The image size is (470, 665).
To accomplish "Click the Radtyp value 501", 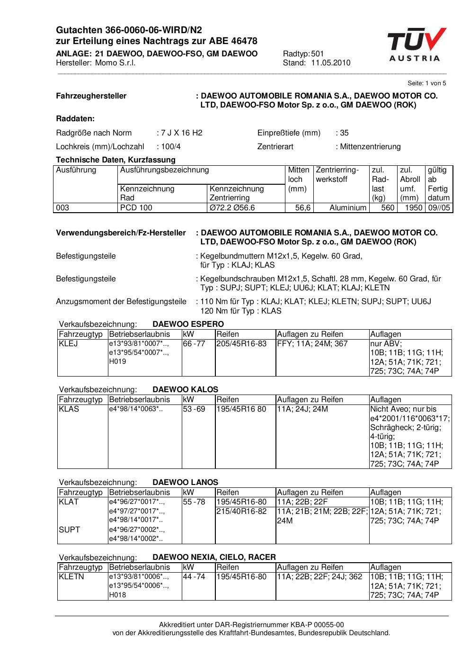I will point(318,54).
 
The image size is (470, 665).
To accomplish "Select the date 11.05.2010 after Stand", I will point(330,63).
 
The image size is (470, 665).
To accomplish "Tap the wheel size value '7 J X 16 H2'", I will point(181,133).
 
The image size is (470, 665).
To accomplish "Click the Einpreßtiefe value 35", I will point(345,133).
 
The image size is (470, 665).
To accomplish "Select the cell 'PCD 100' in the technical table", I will point(136,208).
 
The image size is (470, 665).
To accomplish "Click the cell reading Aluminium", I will point(348,208).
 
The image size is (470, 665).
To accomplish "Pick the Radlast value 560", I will point(388,208).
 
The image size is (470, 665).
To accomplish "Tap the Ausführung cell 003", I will point(63,208).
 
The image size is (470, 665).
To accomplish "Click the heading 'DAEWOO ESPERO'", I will point(188,324).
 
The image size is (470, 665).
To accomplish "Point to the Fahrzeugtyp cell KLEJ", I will point(68,344).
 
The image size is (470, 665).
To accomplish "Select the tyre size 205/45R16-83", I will point(241,344).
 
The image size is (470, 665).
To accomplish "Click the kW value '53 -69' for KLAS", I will point(194,409).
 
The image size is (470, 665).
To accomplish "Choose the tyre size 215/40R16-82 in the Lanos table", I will point(241,512).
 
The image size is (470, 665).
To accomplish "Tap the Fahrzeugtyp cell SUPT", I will point(69,530).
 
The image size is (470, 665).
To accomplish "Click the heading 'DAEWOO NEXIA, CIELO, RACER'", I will point(214,557).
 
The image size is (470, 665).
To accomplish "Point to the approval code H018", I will point(117,595).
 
